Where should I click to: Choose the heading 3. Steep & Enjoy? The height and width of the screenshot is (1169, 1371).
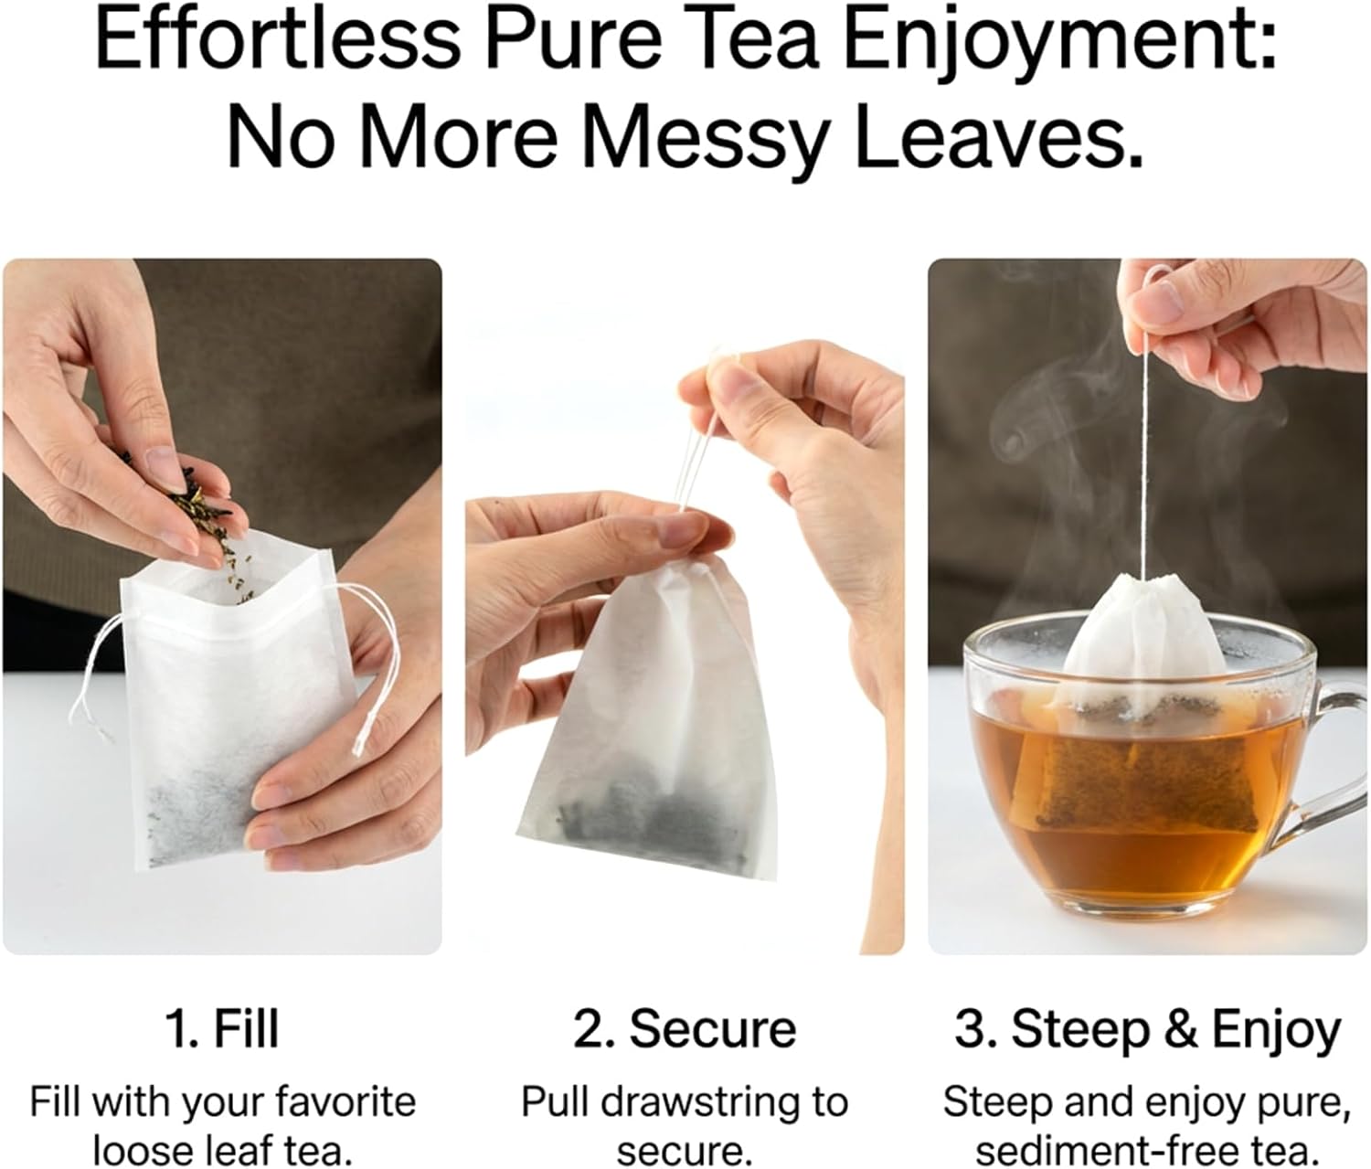pos(1147,1033)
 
